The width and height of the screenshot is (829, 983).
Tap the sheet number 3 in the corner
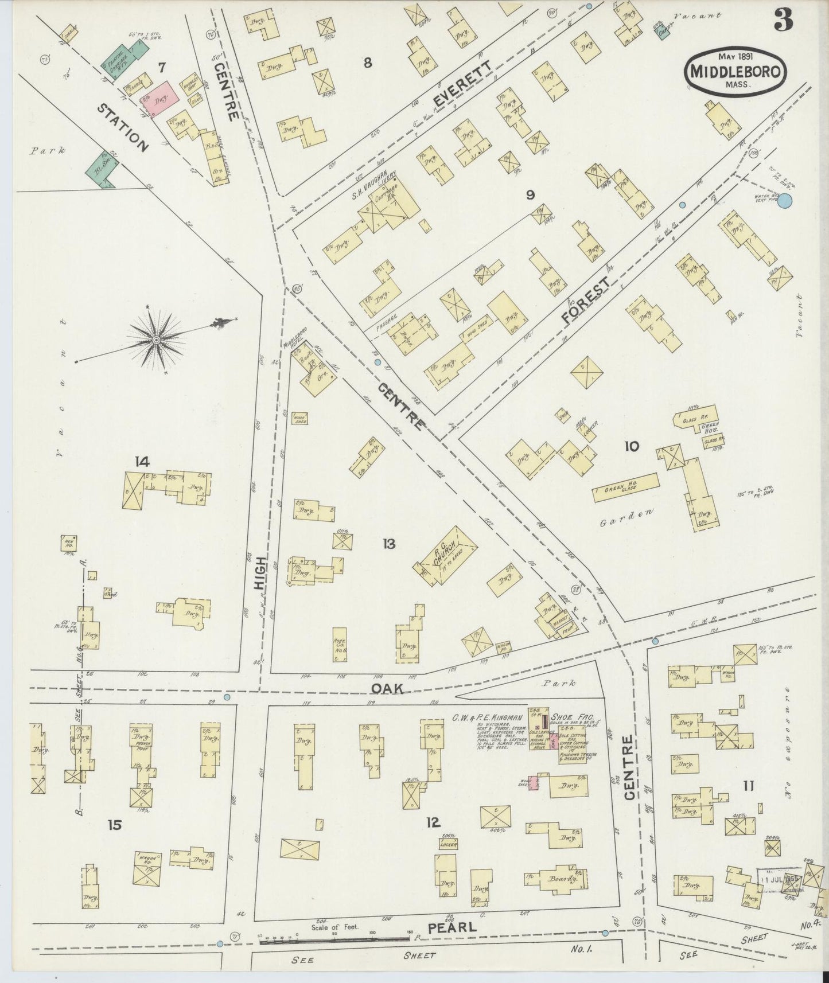point(783,21)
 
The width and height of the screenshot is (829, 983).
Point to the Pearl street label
point(459,927)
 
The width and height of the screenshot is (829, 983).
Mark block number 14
point(142,461)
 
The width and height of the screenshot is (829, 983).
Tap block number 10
point(631,446)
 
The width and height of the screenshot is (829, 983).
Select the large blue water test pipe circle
point(785,200)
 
